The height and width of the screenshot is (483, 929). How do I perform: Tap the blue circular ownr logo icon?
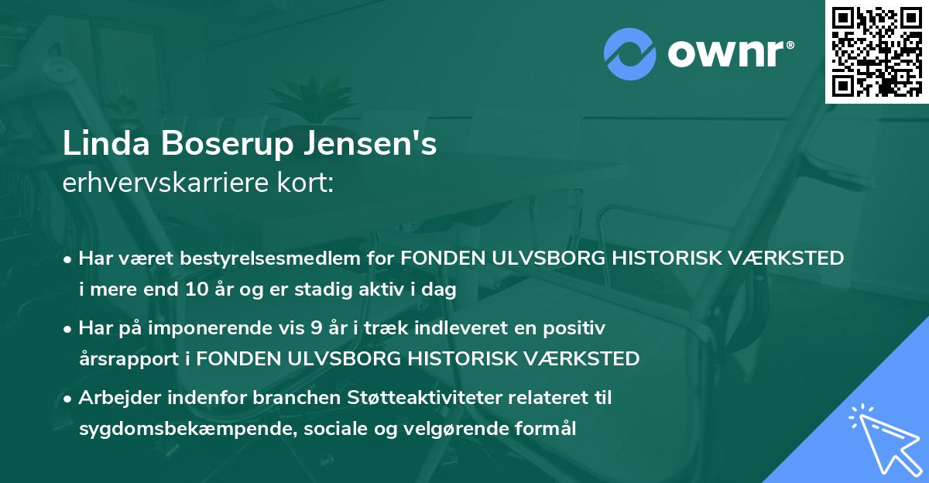(x=630, y=53)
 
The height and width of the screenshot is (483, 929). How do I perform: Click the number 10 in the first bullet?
(x=194, y=290)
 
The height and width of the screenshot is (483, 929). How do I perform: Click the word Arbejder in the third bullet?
(x=118, y=398)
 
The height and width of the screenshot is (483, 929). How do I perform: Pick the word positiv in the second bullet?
(x=576, y=328)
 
